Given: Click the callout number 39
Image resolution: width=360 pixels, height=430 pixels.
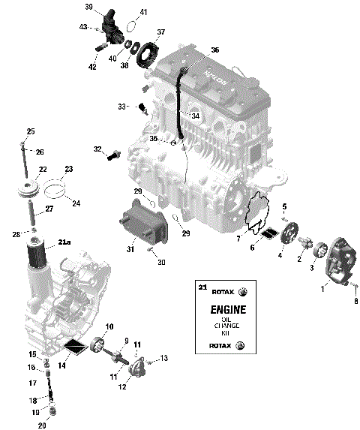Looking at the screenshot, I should pos(88,7).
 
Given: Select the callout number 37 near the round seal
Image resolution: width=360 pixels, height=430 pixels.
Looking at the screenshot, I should pos(160,32).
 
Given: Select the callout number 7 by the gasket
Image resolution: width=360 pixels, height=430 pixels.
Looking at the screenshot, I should pos(238,238).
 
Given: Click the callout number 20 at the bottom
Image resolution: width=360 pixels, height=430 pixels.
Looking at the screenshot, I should pos(42,425).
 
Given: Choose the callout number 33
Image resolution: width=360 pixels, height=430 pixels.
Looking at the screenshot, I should pos(122,106).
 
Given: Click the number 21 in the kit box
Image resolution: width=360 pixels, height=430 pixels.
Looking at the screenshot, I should pos(200,287).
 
